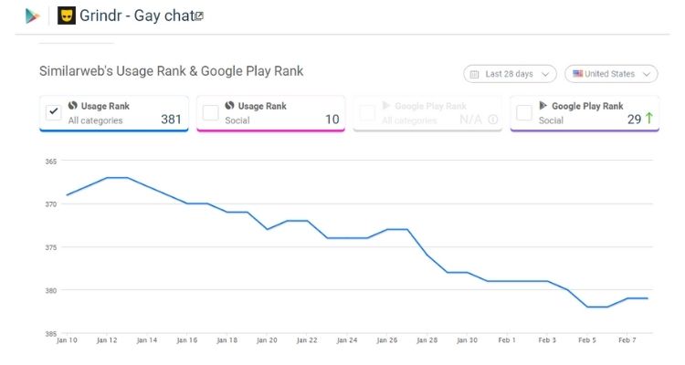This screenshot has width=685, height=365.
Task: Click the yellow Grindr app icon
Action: point(67,16)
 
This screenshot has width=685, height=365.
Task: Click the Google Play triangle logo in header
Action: point(33,16)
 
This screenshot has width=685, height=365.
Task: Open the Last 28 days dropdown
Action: point(510,74)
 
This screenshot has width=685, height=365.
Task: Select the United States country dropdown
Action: point(611,74)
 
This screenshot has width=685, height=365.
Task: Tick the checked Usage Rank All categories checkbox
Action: point(54,112)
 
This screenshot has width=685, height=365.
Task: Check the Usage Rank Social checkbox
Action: point(210,112)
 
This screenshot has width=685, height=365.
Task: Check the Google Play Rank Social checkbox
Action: point(524,112)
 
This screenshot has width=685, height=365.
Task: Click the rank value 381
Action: point(171,120)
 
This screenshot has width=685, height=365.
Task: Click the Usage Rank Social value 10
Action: point(332,120)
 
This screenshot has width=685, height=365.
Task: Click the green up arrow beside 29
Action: point(648,119)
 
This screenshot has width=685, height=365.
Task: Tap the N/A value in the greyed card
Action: point(470,120)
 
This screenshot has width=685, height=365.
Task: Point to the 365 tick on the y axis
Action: point(50,162)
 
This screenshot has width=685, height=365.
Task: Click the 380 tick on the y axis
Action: point(50,291)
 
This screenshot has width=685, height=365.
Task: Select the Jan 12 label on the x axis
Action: point(107,340)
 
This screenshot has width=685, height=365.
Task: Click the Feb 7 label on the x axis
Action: point(628,340)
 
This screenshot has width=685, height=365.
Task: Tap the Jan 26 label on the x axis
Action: point(387,340)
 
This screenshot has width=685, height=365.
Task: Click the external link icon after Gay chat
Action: point(199,16)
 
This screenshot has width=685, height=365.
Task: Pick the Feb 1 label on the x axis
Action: point(507,340)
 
